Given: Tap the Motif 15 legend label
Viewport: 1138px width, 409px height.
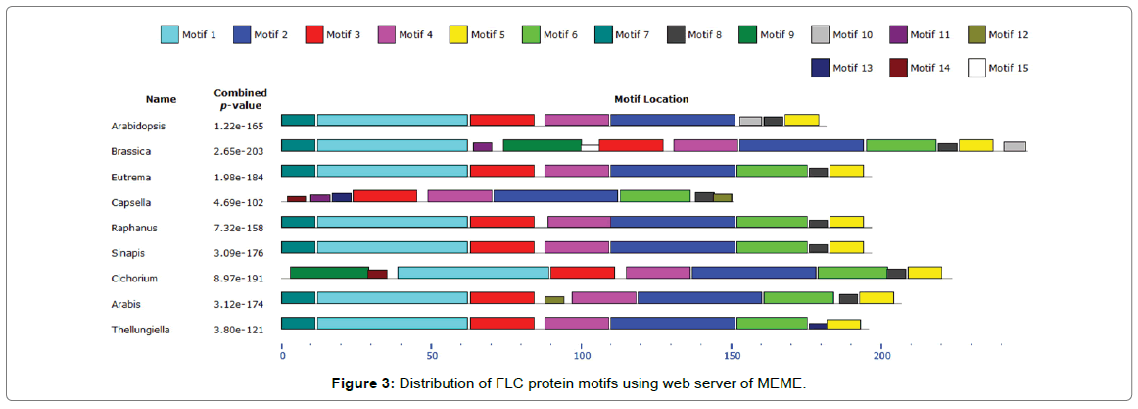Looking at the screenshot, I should coord(1008,68).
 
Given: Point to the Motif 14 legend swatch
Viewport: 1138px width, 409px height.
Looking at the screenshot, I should coord(898,68).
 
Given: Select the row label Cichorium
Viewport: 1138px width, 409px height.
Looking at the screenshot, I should coord(134,279).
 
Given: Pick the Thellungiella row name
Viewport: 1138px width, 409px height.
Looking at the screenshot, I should coord(141,330).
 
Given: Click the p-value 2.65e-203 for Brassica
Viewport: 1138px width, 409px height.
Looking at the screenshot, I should coord(240,151).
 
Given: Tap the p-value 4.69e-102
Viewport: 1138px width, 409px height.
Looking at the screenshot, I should coord(240,202).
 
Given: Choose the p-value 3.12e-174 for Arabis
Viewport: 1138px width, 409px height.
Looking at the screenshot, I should coord(240,304).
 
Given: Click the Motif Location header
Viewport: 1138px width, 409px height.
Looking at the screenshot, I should coord(650,99).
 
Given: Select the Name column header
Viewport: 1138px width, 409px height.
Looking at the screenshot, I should coord(161,99).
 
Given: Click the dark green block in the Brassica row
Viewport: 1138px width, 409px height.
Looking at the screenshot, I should coord(542,145).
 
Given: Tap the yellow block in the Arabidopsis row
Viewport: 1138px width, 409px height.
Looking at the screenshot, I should coord(801,121).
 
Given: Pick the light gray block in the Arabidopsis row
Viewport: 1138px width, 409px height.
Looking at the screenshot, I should coord(750,122).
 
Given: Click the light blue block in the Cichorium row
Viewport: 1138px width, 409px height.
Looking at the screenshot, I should coord(473,273).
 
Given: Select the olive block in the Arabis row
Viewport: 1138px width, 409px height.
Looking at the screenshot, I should coord(554,300).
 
